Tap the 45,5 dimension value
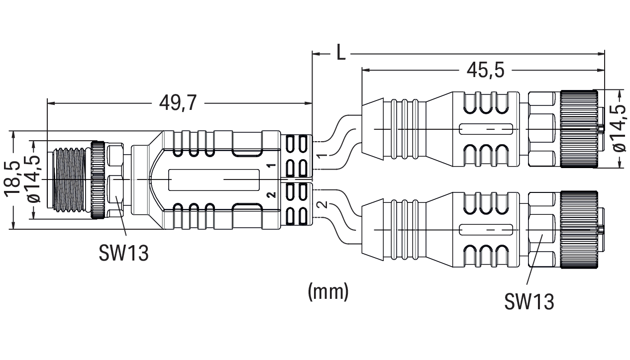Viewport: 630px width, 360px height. (x=485, y=71)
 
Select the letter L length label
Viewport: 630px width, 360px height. (x=340, y=52)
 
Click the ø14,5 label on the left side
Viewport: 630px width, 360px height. (x=35, y=180)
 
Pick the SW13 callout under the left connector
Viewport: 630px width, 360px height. (x=123, y=253)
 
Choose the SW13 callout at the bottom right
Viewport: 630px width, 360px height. (x=529, y=301)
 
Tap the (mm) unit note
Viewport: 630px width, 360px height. (x=328, y=291)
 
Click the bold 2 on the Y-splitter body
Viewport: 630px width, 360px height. (x=272, y=194)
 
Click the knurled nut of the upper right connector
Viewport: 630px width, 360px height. (x=578, y=129)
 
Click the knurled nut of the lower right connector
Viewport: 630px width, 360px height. (x=578, y=230)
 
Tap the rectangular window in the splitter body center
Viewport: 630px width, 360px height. (x=214, y=180)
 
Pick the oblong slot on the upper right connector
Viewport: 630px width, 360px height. (x=486, y=129)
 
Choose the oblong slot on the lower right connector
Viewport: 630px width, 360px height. (x=486, y=230)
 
